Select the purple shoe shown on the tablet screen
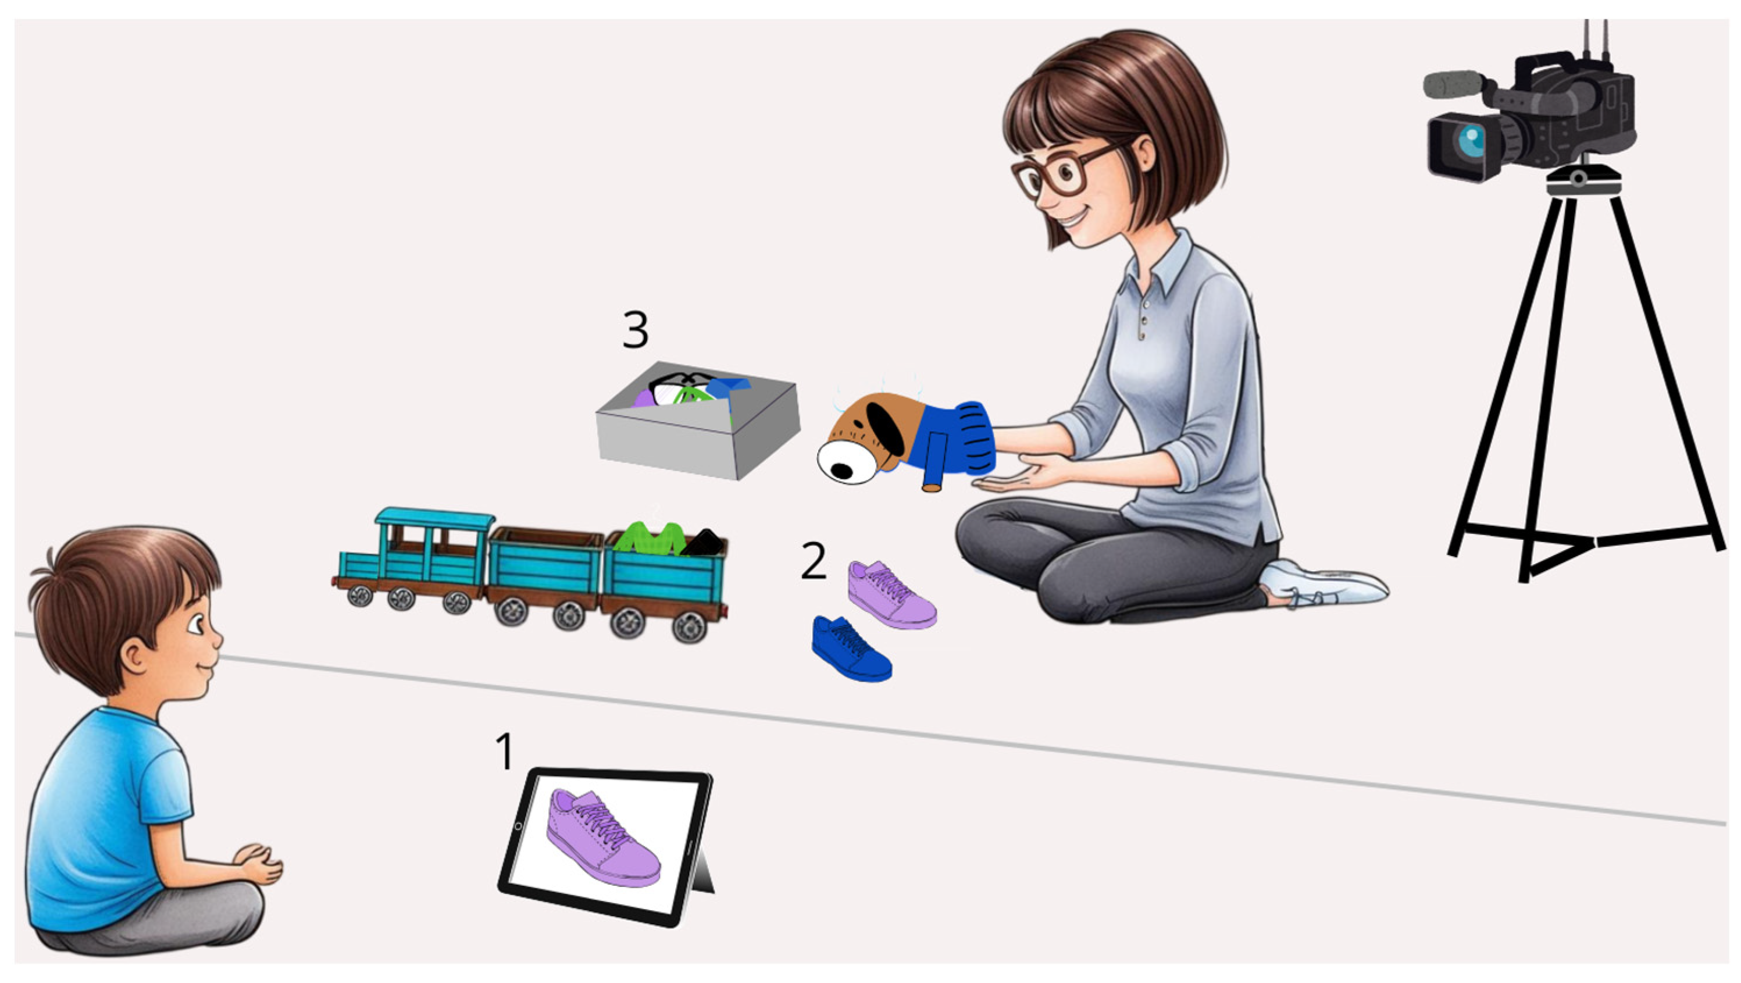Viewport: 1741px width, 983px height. (x=603, y=838)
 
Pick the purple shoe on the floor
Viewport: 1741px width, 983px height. (x=892, y=594)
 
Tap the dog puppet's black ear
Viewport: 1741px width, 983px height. (x=886, y=426)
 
